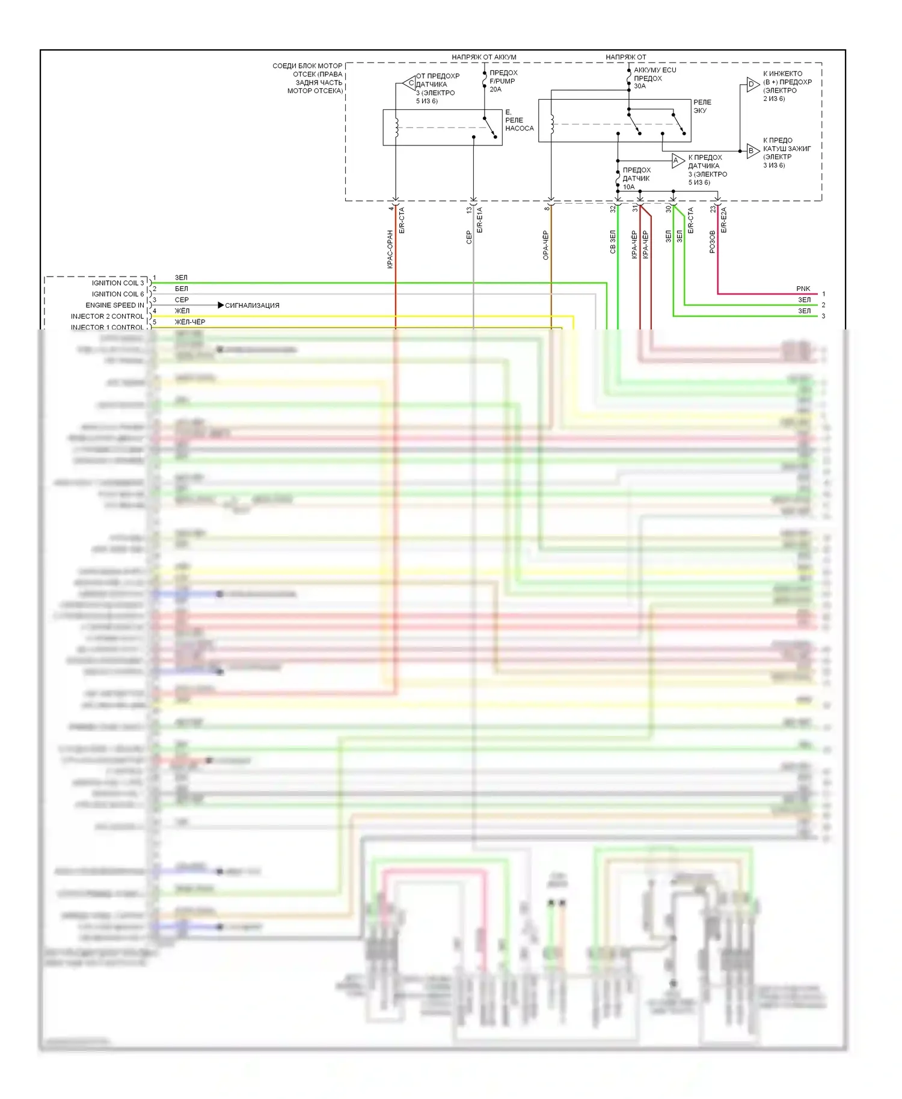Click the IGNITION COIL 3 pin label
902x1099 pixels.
(118, 283)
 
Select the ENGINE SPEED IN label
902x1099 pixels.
(115, 305)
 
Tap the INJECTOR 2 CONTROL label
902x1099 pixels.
(108, 316)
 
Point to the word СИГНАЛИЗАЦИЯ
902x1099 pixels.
(252, 305)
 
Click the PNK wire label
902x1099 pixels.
(803, 289)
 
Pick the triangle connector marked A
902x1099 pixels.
(677, 161)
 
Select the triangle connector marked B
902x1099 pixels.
(752, 150)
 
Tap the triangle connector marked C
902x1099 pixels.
(410, 83)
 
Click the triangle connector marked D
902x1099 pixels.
(752, 84)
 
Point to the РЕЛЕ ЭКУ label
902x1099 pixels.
(702, 106)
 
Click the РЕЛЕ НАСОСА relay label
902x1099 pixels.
(519, 124)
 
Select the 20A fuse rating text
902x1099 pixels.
(495, 90)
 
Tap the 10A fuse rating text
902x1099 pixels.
(628, 187)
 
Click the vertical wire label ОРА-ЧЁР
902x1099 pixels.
(546, 245)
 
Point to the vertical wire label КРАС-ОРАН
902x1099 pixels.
(390, 248)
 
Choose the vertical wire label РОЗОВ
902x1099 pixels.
(713, 242)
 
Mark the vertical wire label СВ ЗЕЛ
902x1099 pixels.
(613, 242)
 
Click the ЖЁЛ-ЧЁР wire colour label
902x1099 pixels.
(190, 322)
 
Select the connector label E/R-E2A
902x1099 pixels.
(724, 220)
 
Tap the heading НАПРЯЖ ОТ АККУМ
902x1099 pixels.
(483, 57)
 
